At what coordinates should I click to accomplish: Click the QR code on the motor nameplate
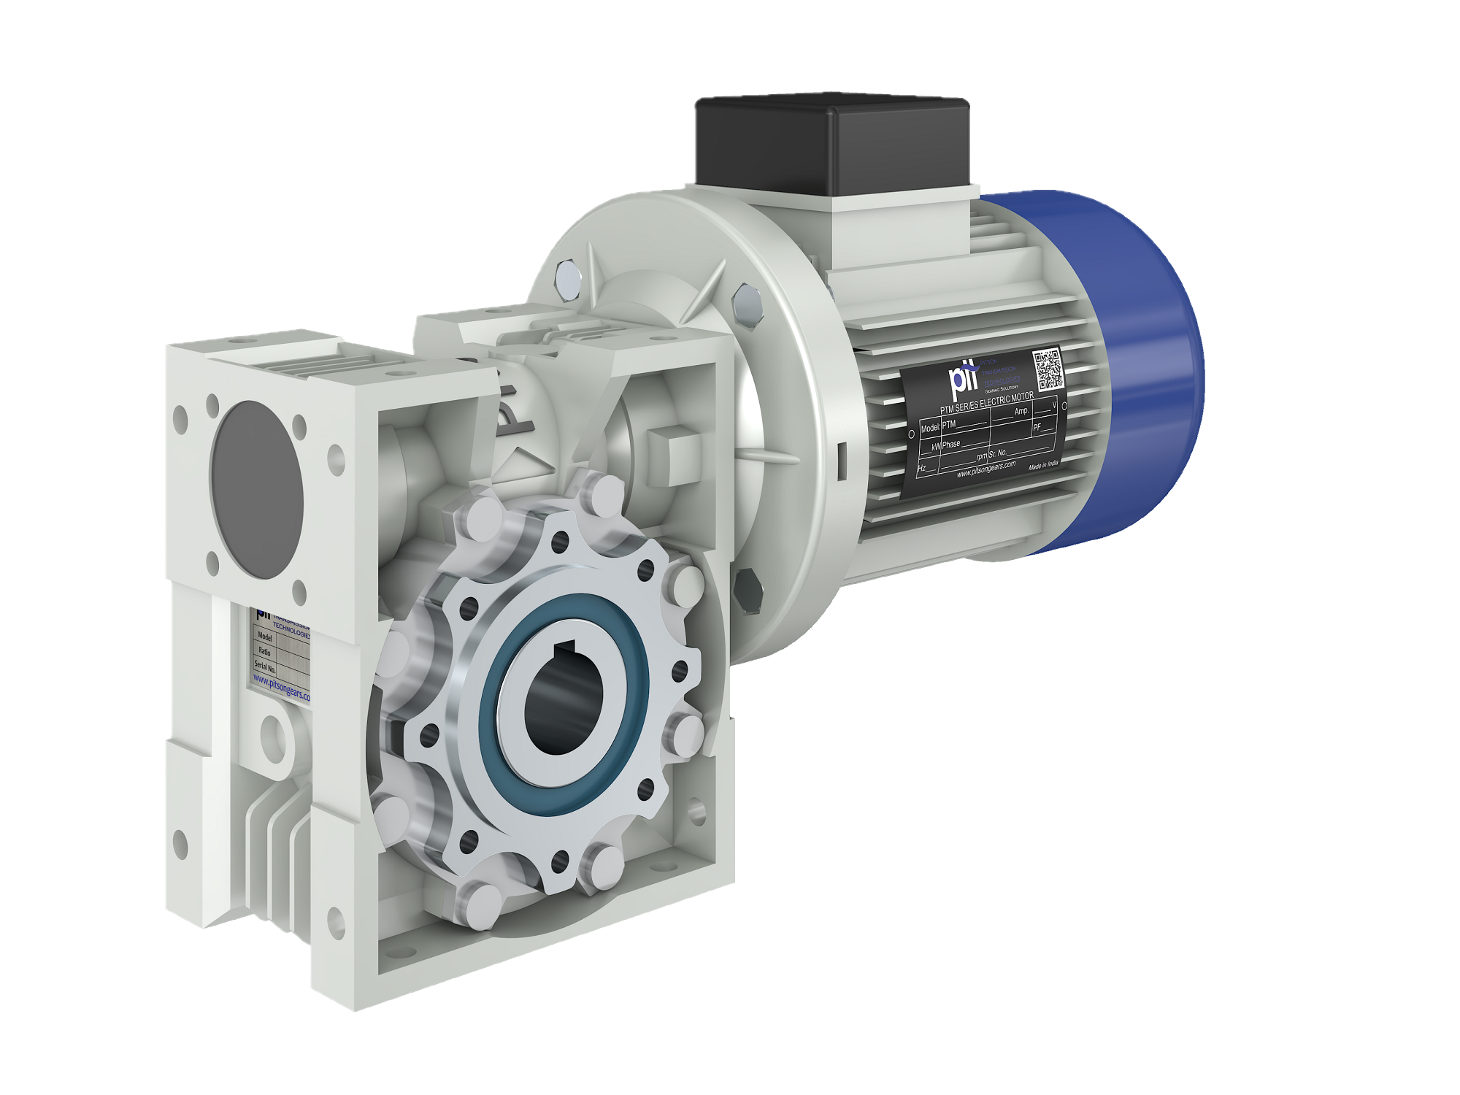pos(1048,370)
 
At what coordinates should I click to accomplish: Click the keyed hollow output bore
pos(562,701)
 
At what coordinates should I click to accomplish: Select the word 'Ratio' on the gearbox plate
pos(264,651)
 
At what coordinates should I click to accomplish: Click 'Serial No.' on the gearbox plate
pos(265,666)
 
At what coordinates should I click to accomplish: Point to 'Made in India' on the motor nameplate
pos(1042,465)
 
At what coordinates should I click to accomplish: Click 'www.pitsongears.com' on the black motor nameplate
pos(985,469)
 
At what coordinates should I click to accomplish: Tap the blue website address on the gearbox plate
pos(282,688)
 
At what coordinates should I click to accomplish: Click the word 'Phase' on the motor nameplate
pos(951,444)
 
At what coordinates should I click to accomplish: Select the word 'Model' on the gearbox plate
pos(264,637)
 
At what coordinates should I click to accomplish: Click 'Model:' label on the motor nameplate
pos(930,428)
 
